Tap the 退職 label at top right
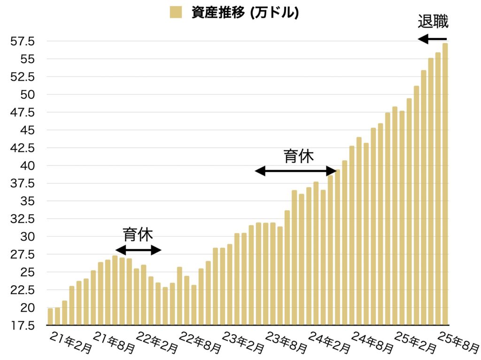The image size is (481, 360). (433, 22)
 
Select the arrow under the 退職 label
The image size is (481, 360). (432, 39)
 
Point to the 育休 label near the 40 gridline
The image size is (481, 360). (298, 156)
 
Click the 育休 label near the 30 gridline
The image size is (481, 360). (138, 234)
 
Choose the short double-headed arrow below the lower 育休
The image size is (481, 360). (138, 250)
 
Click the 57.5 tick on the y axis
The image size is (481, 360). (23, 41)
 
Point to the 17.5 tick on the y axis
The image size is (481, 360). (23, 325)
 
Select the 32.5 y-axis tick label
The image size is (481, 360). (23, 219)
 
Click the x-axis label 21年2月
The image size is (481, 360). (70, 342)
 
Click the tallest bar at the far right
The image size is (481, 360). (445, 183)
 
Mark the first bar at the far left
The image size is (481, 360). (50, 316)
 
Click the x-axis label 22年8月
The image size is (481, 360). (200, 343)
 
